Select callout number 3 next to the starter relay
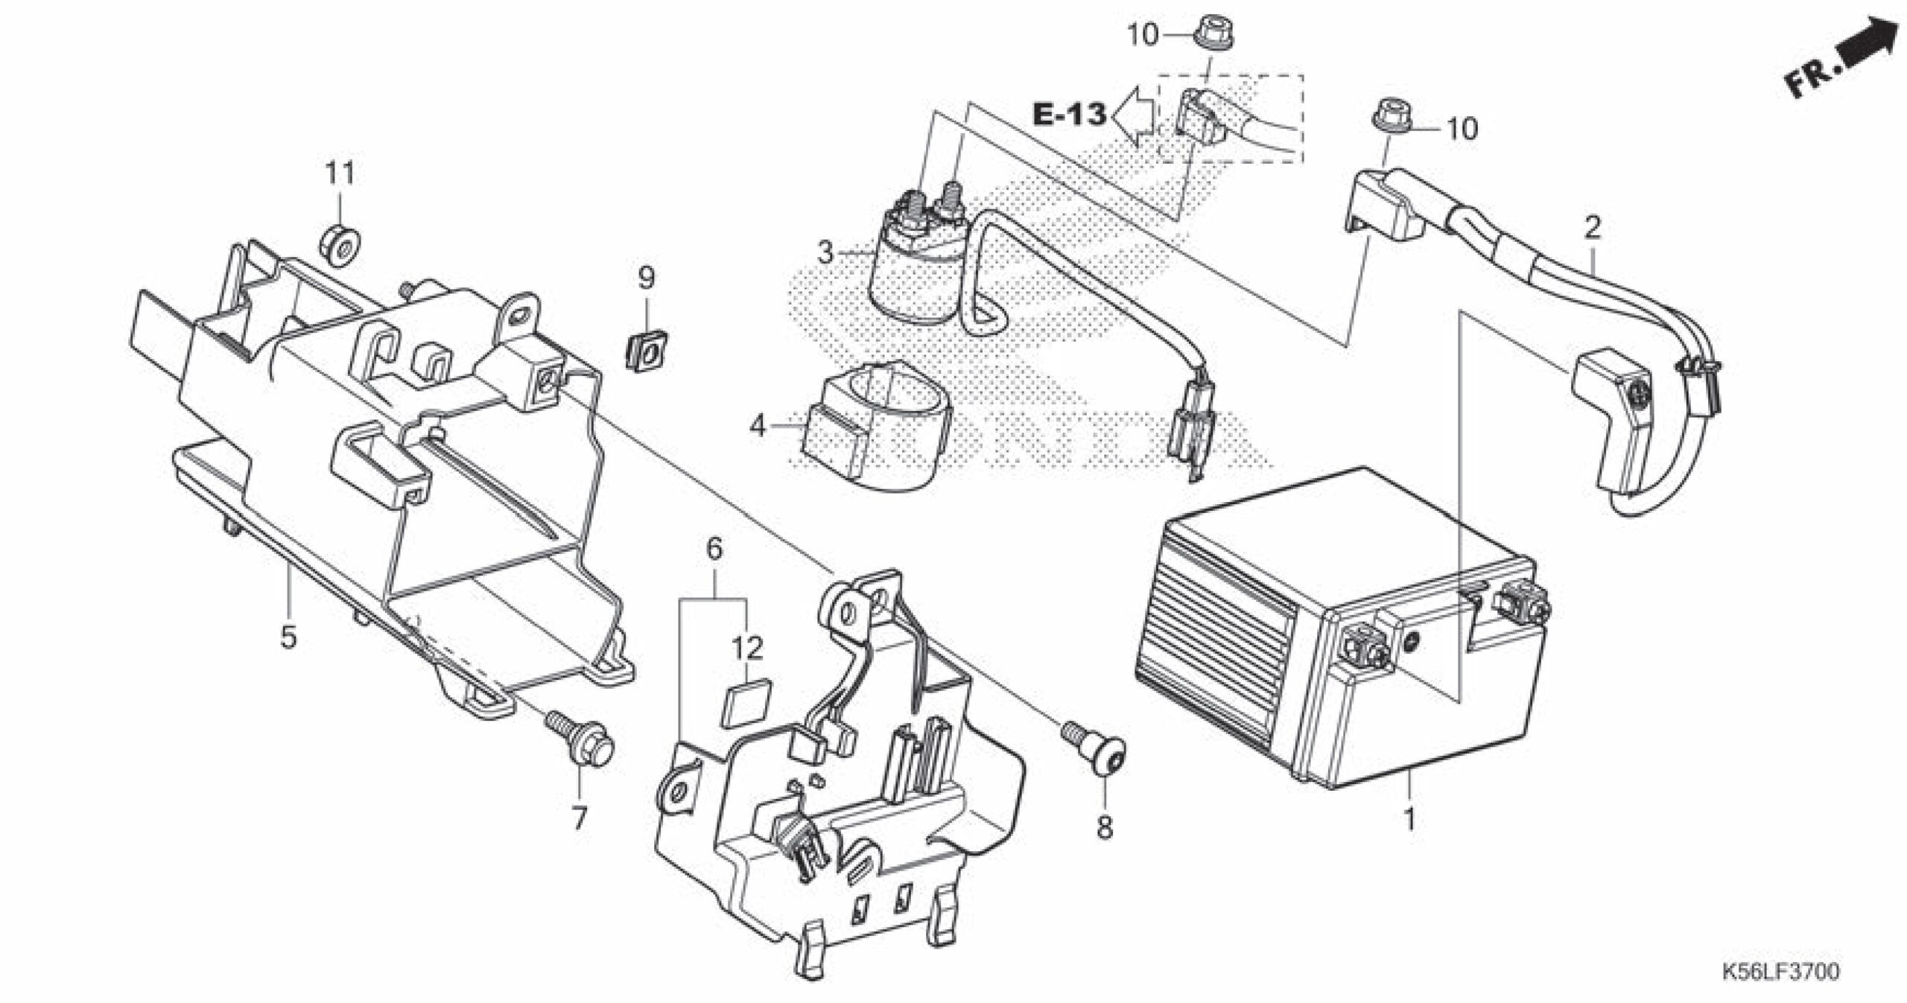825,253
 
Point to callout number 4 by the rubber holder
758,427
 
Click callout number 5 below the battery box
288,637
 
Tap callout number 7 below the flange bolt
579,819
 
